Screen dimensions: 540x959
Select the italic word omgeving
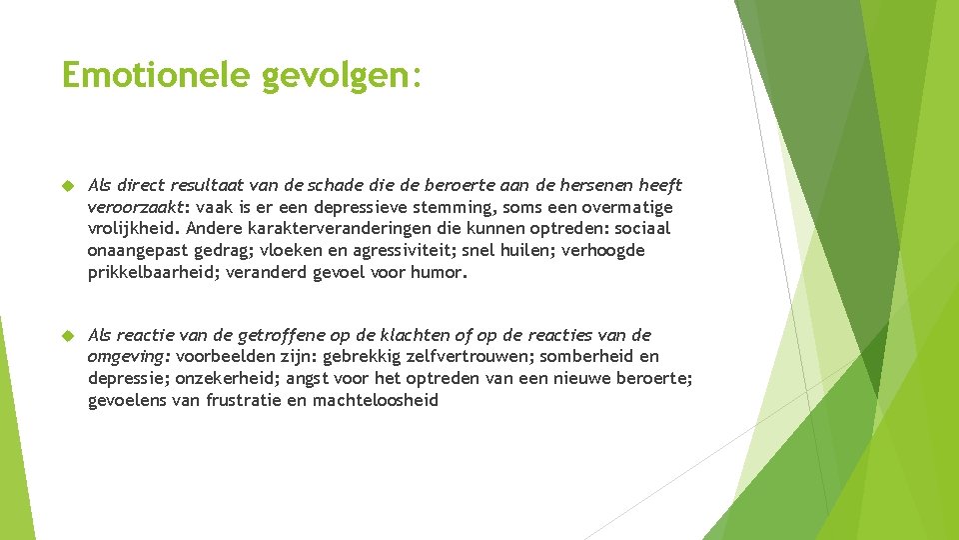click(128, 357)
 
